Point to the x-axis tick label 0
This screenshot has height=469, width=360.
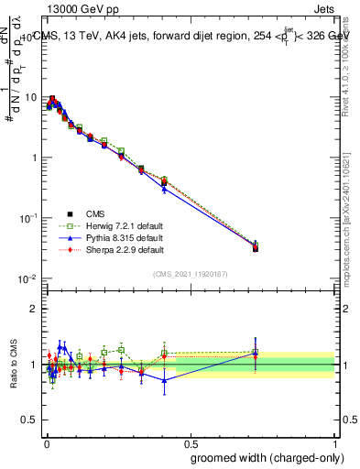(45, 442)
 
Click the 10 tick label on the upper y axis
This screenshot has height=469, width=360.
(29, 98)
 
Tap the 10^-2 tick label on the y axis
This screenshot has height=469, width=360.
(27, 279)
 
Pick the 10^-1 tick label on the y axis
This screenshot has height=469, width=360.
(27, 219)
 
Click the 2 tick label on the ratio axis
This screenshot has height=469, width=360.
(34, 309)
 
